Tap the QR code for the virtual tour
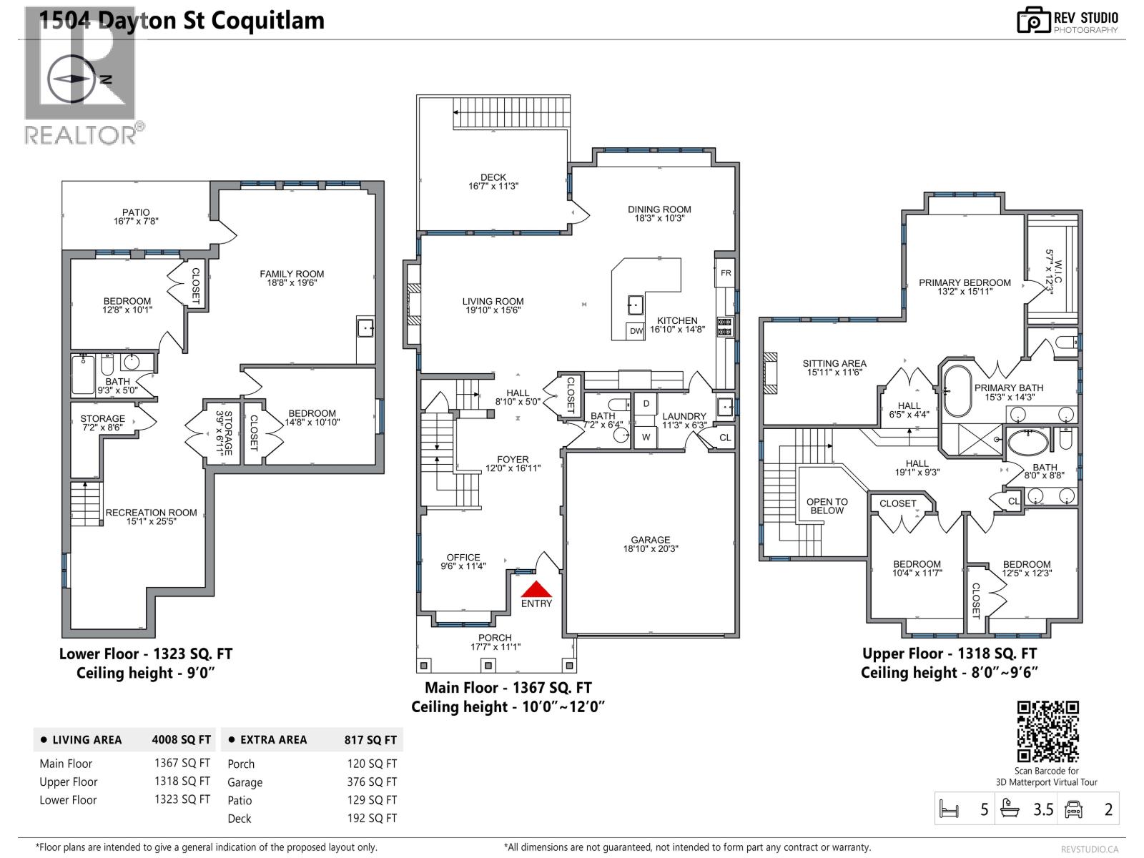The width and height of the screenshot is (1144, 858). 1047,731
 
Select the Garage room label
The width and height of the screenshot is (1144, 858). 650,544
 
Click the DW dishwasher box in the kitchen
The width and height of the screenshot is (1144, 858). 636,330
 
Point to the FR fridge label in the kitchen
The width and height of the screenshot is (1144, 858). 726,273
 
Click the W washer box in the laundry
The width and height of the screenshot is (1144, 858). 646,437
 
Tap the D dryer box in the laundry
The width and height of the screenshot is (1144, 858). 646,404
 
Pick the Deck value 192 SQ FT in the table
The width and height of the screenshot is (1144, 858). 372,818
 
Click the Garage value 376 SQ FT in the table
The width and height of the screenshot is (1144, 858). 372,782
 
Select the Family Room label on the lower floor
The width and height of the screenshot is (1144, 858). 292,278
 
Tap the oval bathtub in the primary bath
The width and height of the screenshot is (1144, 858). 957,391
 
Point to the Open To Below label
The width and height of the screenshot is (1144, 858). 827,506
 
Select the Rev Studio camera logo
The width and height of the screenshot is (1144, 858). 1033,20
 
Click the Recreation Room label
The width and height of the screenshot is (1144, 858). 151,517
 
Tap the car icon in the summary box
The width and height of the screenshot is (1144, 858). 1073,809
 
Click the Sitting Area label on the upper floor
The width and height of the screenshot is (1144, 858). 834,368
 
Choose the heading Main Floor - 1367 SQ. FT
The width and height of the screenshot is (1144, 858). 508,688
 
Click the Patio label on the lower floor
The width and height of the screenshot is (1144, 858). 136,217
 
